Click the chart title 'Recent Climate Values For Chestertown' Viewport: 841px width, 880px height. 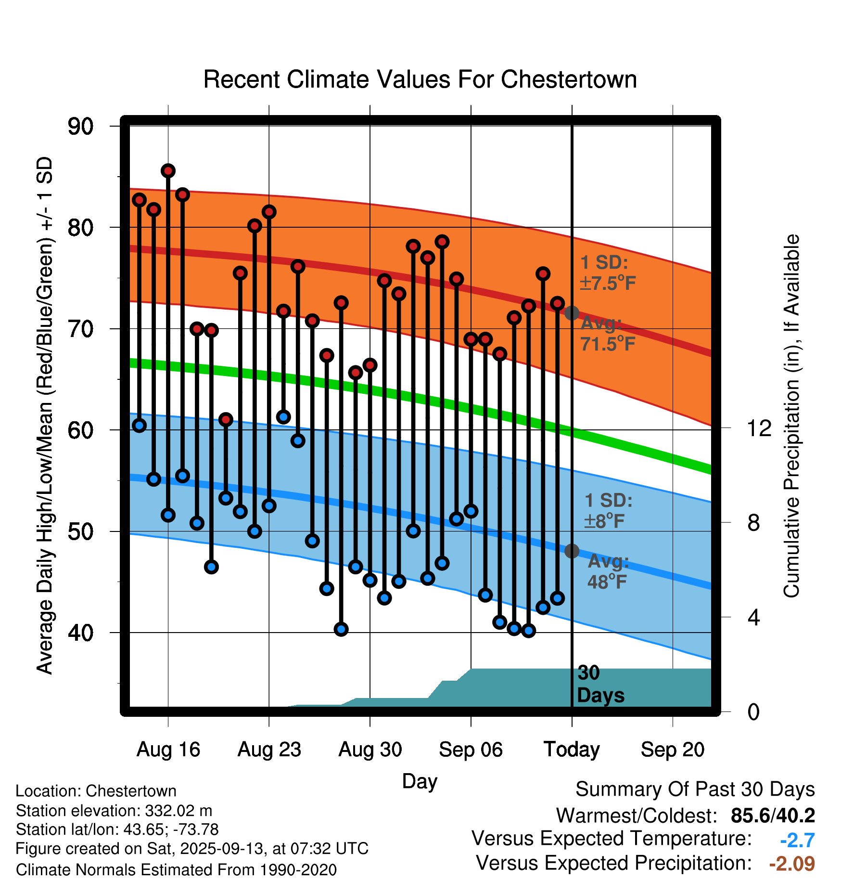[x=420, y=79]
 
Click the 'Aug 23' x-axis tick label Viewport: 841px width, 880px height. [x=269, y=750]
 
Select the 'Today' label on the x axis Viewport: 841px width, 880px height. [x=572, y=750]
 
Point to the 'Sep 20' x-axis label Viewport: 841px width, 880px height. [x=672, y=750]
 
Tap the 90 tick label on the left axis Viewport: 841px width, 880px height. [x=80, y=127]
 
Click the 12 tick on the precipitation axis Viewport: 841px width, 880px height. [x=759, y=428]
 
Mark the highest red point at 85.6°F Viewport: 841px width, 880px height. [x=168, y=171]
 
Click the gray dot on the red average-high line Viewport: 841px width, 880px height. [x=572, y=313]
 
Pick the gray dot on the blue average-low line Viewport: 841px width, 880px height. [x=572, y=551]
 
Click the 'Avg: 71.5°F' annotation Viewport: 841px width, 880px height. [x=607, y=333]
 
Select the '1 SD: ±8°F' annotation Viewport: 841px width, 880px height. [x=608, y=511]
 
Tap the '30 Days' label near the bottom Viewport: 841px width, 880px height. [x=600, y=684]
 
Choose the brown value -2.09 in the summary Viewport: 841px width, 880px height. [x=791, y=864]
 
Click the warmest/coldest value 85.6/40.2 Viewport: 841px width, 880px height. [x=772, y=815]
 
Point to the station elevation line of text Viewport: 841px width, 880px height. [x=114, y=811]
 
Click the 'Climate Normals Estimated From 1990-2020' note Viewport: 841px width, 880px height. [x=176, y=870]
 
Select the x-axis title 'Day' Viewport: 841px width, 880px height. [x=420, y=781]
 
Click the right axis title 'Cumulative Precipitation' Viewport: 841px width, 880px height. [x=791, y=416]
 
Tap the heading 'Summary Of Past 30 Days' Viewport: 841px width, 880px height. [x=695, y=789]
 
